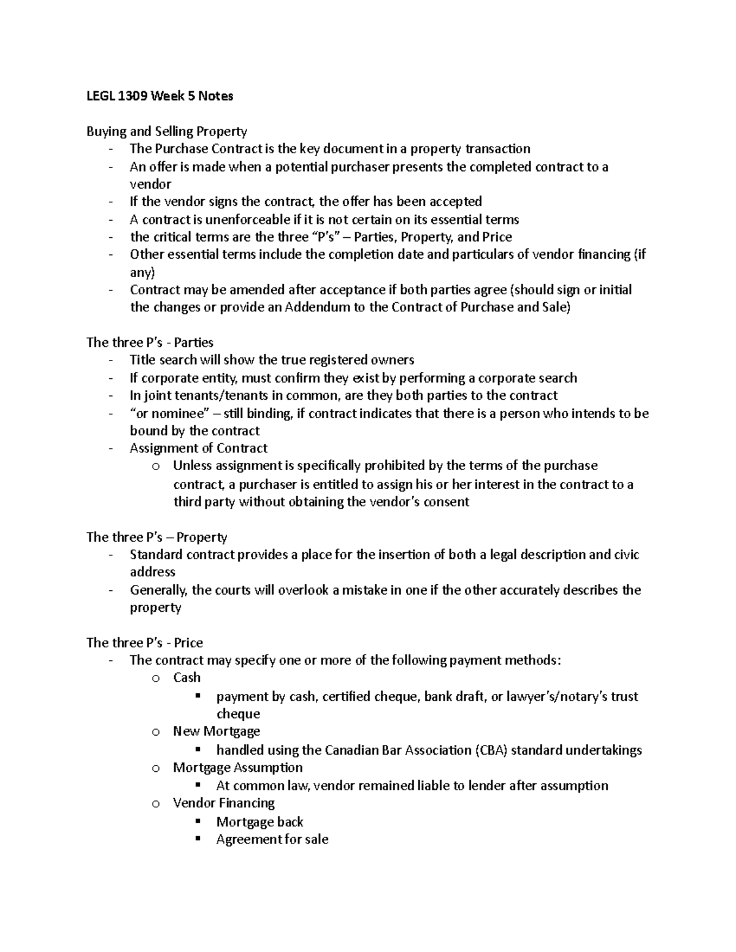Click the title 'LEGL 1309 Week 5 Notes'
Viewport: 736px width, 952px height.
click(x=159, y=96)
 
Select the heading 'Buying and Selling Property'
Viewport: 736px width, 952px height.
click(x=166, y=131)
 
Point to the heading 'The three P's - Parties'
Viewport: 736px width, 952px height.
click(x=150, y=342)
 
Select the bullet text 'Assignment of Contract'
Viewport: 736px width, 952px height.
click(x=198, y=448)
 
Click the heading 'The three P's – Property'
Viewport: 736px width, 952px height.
click(x=156, y=537)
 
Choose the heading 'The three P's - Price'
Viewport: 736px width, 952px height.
click(x=144, y=642)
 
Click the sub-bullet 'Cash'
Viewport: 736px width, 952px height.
click(x=186, y=677)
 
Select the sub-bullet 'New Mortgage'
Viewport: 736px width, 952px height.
click(x=216, y=731)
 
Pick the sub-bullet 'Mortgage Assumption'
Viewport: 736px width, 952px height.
click(x=237, y=767)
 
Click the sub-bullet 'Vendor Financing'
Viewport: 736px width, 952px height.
click(x=223, y=803)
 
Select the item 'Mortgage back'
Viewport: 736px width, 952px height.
click(x=259, y=821)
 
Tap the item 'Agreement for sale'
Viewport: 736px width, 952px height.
click(x=272, y=839)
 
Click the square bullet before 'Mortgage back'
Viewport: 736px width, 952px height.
click(x=197, y=821)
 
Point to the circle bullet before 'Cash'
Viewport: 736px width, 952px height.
click(x=156, y=678)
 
